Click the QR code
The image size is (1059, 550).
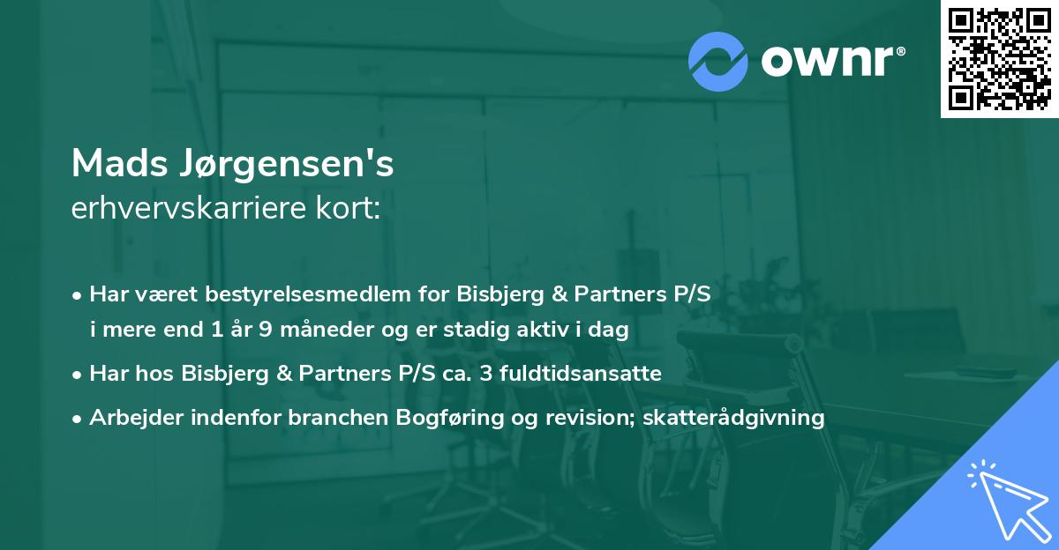click(999, 59)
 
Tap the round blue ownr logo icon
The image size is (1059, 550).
click(718, 61)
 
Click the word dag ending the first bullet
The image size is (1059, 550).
click(611, 331)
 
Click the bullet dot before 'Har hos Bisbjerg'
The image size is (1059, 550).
click(78, 375)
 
